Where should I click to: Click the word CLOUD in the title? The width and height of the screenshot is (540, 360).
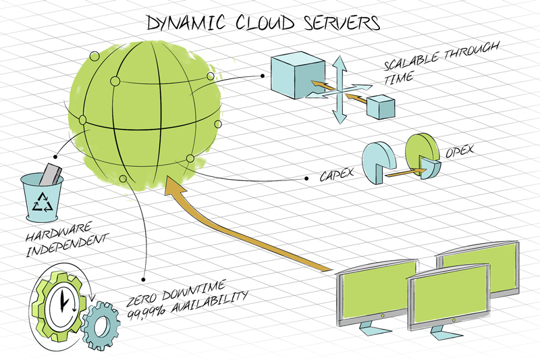point(265,23)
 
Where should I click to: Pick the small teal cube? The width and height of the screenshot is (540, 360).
point(380,107)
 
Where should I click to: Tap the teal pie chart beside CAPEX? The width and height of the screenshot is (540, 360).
point(376,160)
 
